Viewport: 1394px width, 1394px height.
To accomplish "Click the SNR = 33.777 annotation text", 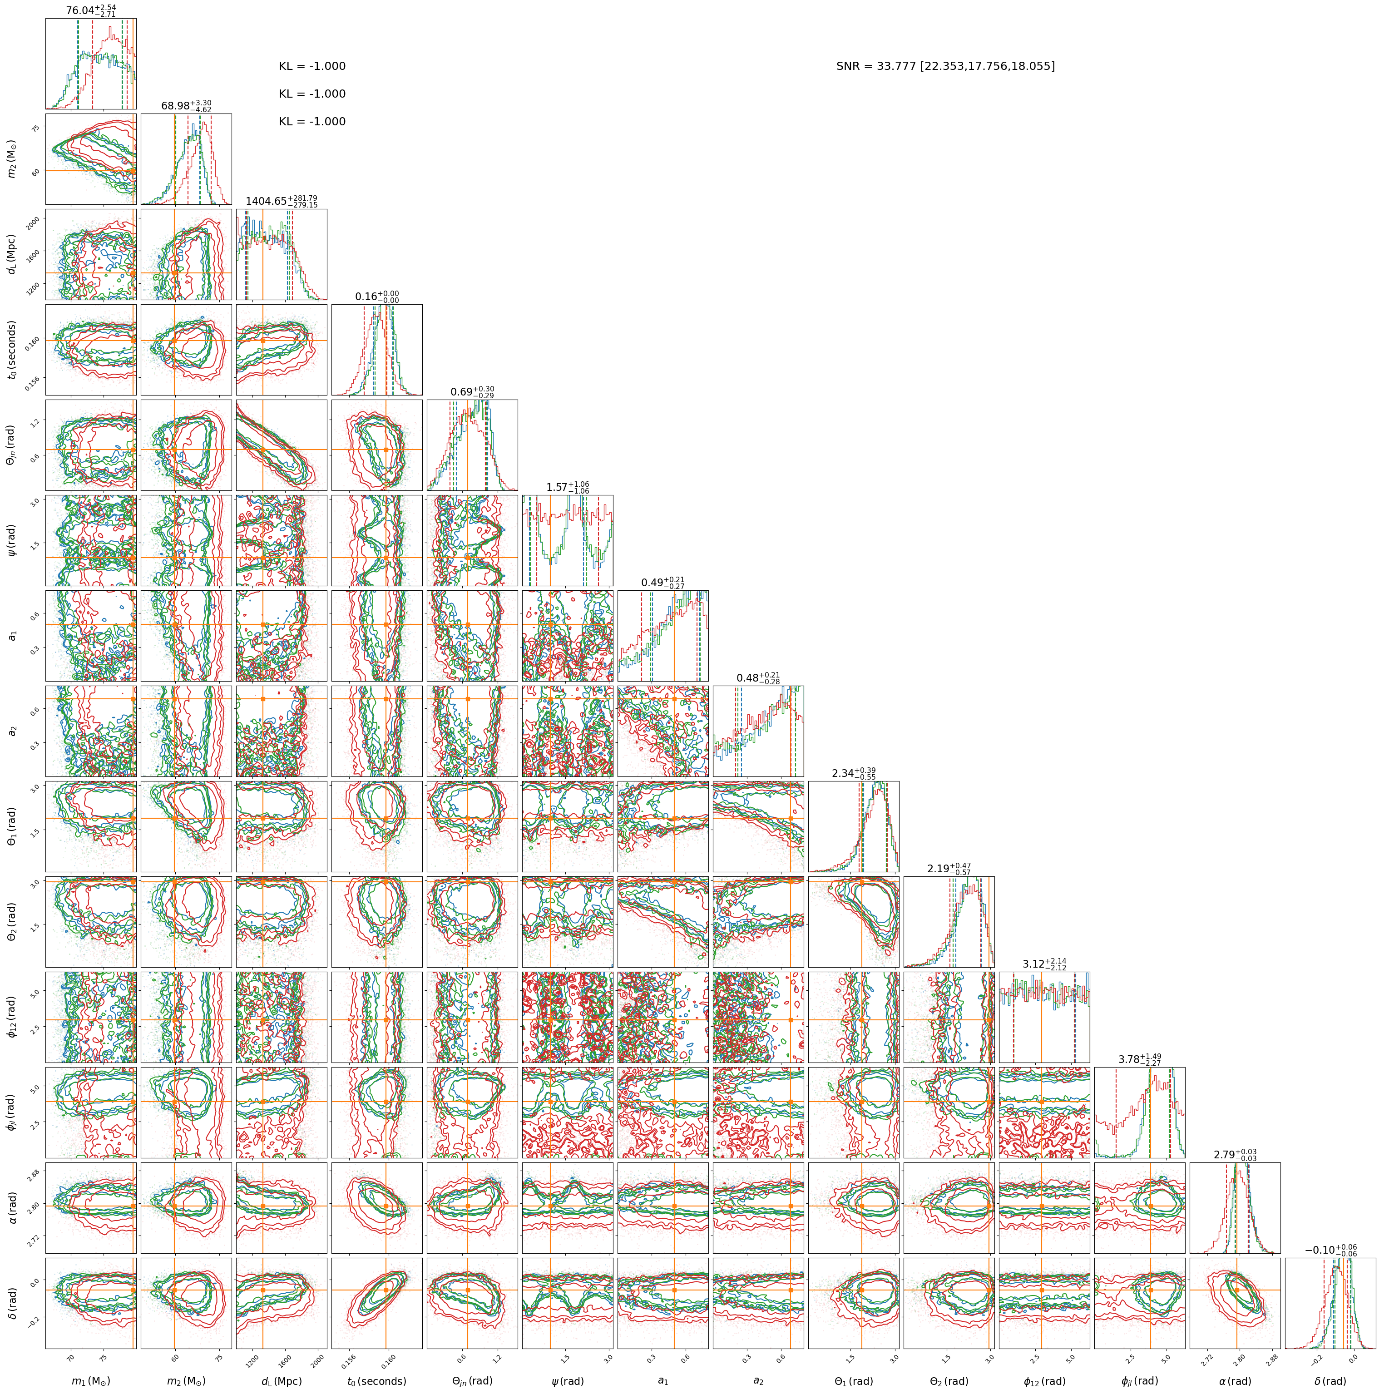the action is point(945,66).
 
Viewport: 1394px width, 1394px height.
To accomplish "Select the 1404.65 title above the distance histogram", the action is point(282,201).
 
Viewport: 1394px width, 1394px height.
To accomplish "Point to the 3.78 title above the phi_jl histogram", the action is point(1140,1060).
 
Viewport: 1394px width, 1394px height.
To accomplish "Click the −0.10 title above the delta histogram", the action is point(1330,1251).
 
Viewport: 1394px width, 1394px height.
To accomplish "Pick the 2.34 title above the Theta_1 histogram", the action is point(854,773).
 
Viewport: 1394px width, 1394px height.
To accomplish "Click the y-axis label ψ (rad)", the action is point(11,540).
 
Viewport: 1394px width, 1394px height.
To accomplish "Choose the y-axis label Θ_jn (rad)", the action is point(11,445).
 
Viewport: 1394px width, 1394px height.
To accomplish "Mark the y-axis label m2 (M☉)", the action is point(11,159).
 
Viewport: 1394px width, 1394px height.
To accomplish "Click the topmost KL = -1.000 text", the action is point(312,66).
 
